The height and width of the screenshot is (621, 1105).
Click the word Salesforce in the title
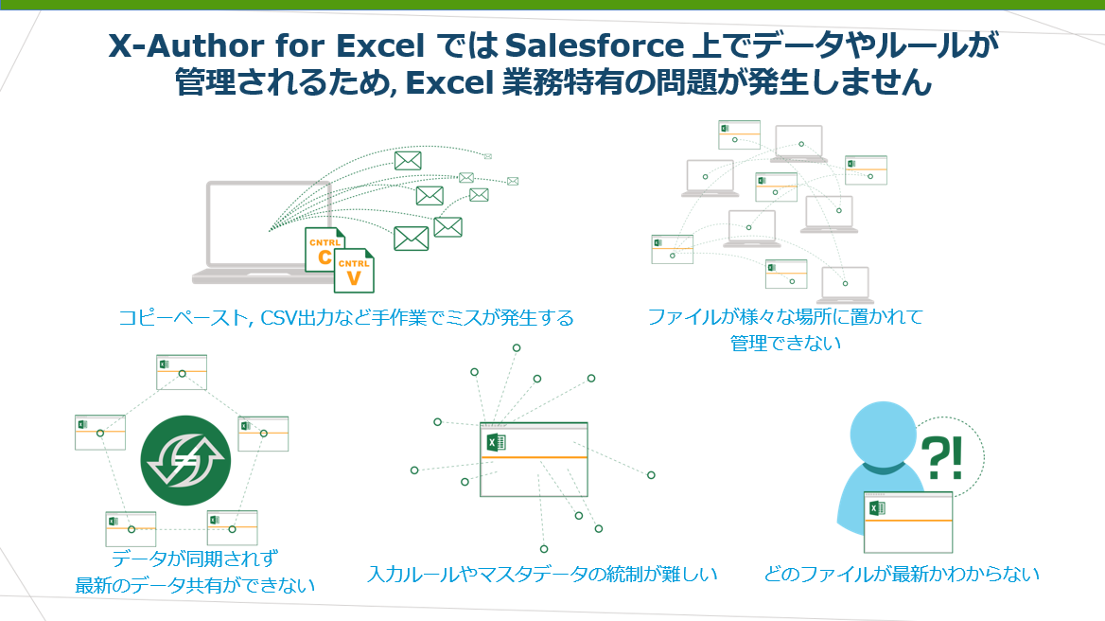(x=594, y=45)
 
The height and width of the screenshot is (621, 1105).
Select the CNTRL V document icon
(x=354, y=270)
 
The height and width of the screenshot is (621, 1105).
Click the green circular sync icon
(x=185, y=460)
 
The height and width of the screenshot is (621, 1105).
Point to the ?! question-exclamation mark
(x=941, y=457)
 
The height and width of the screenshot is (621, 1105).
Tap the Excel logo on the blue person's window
(x=877, y=507)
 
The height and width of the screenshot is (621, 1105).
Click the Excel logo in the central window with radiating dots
(x=496, y=442)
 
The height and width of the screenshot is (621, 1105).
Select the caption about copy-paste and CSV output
(x=345, y=318)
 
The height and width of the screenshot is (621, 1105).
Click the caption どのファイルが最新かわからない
(x=902, y=574)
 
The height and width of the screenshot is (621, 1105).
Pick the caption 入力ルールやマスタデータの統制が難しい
(x=542, y=574)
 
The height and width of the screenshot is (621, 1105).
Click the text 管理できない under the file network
(x=785, y=344)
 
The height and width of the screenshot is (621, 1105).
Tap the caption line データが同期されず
(x=195, y=559)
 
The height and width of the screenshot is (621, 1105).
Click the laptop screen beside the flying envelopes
(x=269, y=223)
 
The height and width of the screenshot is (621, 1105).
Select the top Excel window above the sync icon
(x=181, y=372)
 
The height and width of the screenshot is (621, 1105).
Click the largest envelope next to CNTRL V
(x=411, y=239)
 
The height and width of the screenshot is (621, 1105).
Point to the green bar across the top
(x=552, y=4)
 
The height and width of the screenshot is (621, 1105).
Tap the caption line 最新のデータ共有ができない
(x=195, y=585)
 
